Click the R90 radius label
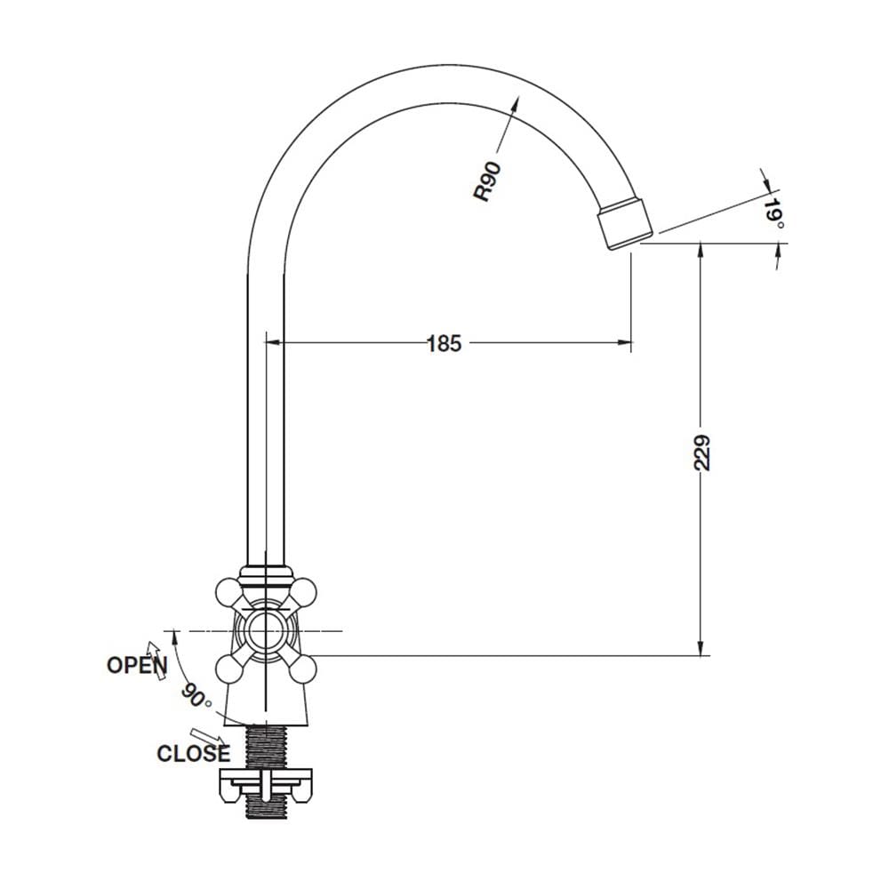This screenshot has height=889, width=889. (488, 181)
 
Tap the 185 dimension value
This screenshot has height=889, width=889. (444, 343)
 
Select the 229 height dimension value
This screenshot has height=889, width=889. (701, 453)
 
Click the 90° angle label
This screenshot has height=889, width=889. (196, 696)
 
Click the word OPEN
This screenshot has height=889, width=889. (137, 665)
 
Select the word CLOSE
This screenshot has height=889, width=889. (194, 754)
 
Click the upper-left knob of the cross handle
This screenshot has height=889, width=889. (228, 591)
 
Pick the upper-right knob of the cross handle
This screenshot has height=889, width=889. (301, 591)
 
